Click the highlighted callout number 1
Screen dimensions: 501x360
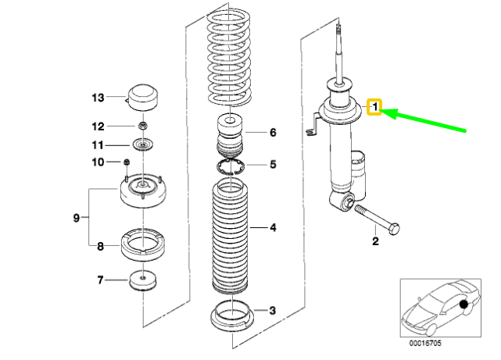tap(375, 106)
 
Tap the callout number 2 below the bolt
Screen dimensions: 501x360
tap(375, 241)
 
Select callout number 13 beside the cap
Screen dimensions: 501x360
tap(98, 98)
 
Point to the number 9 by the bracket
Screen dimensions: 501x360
tap(76, 218)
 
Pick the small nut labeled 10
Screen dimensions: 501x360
tap(127, 162)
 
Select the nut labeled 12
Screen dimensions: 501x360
tap(143, 126)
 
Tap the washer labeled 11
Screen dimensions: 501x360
tap(143, 145)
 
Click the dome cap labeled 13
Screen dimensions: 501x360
tap(143, 98)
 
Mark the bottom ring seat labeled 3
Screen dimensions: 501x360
tap(231, 318)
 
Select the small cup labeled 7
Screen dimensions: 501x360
tap(143, 280)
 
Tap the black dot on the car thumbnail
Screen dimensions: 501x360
tap(463, 304)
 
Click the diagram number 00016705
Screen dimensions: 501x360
tap(425, 343)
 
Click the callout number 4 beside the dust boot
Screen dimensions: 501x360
tap(273, 227)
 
